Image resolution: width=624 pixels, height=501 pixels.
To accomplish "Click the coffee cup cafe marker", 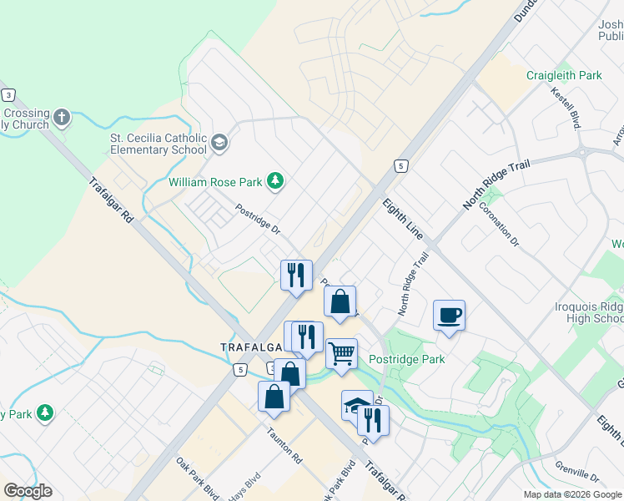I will (449, 316).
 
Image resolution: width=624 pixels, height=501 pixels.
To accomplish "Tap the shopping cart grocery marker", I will (341, 354).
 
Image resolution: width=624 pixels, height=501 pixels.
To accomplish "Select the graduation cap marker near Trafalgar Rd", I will (356, 407).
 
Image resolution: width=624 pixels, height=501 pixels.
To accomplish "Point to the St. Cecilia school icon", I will (219, 142).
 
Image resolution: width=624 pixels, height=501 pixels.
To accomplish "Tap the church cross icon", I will (62, 117).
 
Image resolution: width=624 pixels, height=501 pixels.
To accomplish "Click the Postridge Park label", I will (406, 359).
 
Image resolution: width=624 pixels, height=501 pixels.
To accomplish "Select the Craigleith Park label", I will (564, 75).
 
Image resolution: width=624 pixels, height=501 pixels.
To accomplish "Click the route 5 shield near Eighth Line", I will (401, 166).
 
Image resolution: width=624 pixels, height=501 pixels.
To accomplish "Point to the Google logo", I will (28, 491).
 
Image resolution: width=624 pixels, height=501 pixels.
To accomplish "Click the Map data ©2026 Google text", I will (571, 494).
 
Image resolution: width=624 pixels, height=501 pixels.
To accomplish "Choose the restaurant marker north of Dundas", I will (295, 275).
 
